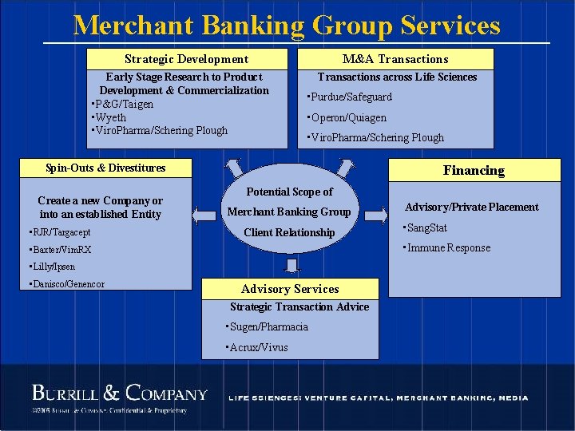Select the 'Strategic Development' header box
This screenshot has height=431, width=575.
pos(186,59)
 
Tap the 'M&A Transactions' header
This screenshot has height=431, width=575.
pos(395,59)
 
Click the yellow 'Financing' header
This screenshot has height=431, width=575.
pos(474,170)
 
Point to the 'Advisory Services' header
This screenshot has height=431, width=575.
pos(290,289)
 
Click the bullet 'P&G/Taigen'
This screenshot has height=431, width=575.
pos(123,105)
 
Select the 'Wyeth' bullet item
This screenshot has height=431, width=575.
pos(109,117)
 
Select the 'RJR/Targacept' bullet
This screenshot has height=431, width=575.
pos(59,232)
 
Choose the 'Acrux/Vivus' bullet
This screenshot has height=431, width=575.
pos(257,347)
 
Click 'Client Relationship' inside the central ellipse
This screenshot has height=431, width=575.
pos(289,232)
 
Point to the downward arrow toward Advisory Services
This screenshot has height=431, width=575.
pos(291,265)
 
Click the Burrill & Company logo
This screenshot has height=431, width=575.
pos(120,393)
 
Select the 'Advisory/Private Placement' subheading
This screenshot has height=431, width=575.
pos(471,208)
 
